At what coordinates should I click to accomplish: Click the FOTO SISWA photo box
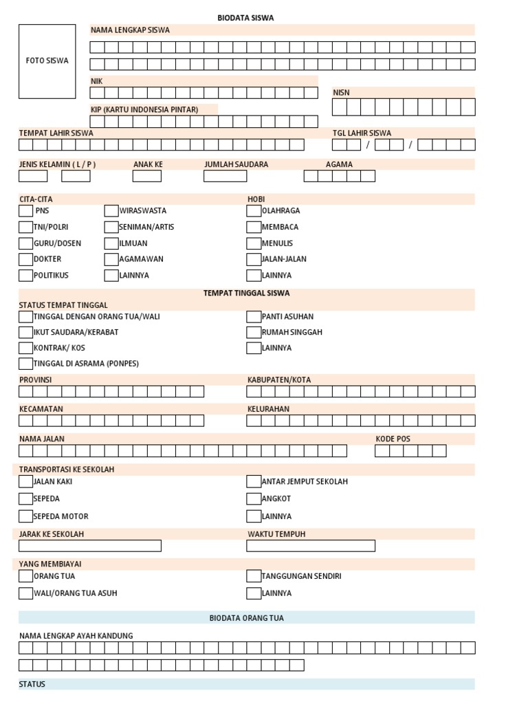click(47, 61)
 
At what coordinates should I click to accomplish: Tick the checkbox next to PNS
click(26, 211)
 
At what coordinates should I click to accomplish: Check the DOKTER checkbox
click(26, 259)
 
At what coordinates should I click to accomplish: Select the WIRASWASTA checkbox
click(111, 211)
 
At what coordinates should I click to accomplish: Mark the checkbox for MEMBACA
click(254, 227)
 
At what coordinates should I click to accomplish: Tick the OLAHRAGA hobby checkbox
click(254, 211)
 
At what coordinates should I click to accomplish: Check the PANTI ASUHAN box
click(254, 317)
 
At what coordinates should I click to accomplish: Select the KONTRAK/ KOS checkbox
click(26, 348)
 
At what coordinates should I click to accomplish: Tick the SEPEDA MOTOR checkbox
click(26, 516)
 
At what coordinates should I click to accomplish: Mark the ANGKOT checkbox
click(254, 498)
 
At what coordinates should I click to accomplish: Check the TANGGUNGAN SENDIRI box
click(254, 576)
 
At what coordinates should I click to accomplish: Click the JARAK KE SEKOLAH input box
click(90, 546)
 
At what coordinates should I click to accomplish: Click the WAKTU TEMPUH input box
click(311, 546)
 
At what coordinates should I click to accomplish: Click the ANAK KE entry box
click(146, 176)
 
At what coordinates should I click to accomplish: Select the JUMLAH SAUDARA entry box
click(225, 176)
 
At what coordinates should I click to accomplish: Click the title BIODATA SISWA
click(245, 18)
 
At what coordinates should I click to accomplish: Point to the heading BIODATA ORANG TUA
click(246, 618)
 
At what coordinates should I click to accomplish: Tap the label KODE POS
click(393, 439)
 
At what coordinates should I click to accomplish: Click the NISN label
click(342, 92)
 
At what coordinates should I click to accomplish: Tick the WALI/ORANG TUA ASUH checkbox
click(26, 593)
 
